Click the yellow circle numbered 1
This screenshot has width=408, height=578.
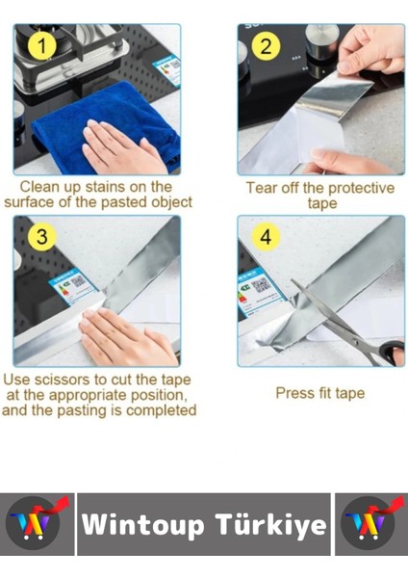tap(42, 45)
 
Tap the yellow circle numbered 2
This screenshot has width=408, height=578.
tap(266, 46)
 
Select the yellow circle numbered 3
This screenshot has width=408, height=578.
tap(42, 236)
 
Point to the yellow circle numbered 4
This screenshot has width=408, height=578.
tap(266, 237)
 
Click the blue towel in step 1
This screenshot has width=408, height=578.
tap(107, 125)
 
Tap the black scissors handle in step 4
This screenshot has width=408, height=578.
tap(393, 352)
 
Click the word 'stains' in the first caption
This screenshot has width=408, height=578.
tap(106, 187)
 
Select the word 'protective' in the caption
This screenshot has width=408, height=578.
tap(361, 188)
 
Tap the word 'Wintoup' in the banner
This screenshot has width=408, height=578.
tap(142, 525)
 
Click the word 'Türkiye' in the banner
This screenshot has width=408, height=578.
tap(271, 525)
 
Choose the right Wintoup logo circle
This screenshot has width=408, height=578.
tap(368, 523)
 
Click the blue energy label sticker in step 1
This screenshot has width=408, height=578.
tap(167, 70)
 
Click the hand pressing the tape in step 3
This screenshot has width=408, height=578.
tap(127, 337)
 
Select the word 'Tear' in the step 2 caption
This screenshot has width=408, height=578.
tap(262, 188)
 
